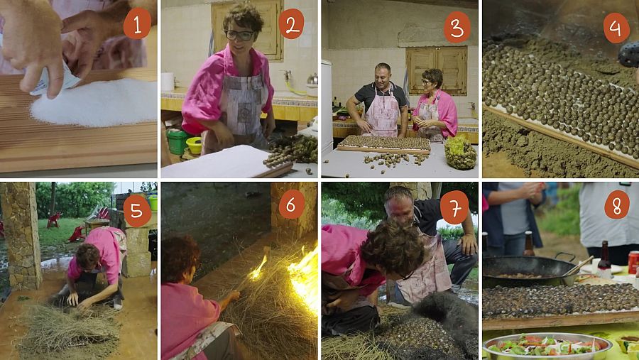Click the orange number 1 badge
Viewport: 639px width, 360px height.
(137, 24)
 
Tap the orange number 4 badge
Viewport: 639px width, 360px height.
(616, 28)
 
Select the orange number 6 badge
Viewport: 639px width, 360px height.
(291, 204)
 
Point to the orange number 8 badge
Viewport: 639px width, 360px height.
(616, 205)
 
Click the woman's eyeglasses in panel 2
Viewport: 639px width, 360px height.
(239, 35)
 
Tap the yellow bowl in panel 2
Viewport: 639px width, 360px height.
(195, 145)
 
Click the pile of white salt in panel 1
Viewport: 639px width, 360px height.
(94, 102)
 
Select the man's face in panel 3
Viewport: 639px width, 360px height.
(383, 75)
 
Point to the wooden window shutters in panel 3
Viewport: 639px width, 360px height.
(437, 70)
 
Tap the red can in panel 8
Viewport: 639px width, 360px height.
(633, 262)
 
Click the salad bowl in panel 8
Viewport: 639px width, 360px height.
(547, 347)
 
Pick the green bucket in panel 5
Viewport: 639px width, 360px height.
(153, 202)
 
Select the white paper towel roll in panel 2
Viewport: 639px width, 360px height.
(168, 82)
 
